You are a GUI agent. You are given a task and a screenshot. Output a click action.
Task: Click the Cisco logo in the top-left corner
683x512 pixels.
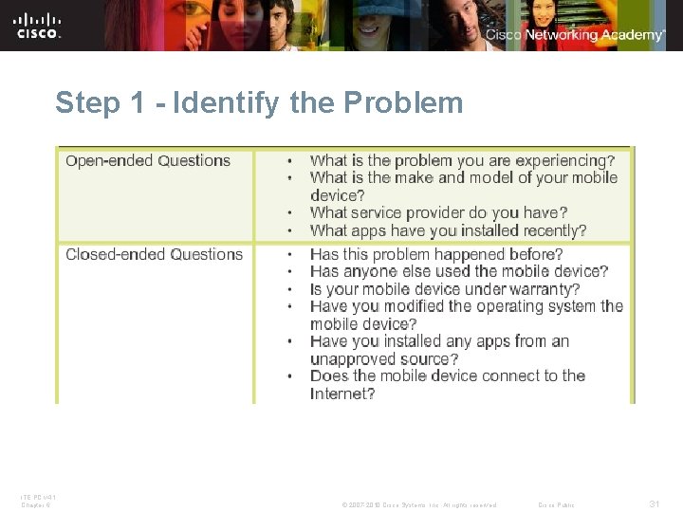38,26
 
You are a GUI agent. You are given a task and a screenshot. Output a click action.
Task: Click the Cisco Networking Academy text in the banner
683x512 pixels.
576,35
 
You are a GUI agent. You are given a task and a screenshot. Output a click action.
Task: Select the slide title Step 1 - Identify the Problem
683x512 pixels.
259,102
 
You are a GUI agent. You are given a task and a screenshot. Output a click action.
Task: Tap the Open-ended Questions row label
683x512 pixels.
148,161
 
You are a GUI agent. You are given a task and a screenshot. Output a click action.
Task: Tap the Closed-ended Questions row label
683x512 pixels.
154,254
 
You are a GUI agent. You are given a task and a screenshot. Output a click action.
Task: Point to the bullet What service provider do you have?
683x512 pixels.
438,212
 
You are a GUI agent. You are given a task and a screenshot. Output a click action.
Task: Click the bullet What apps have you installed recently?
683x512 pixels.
448,230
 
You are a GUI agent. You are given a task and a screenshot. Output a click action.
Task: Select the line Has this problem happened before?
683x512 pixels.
436,254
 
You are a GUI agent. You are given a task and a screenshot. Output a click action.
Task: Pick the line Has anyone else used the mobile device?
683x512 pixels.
459,271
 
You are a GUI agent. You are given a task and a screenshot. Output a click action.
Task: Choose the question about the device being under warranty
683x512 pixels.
445,289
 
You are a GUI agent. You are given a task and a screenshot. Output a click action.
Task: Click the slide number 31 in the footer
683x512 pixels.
654,504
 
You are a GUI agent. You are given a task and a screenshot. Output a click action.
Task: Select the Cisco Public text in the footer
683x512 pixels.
556,504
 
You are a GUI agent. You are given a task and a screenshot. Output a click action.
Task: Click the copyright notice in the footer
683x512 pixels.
418,504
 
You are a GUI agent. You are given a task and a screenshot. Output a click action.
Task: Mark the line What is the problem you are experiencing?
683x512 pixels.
462,161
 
